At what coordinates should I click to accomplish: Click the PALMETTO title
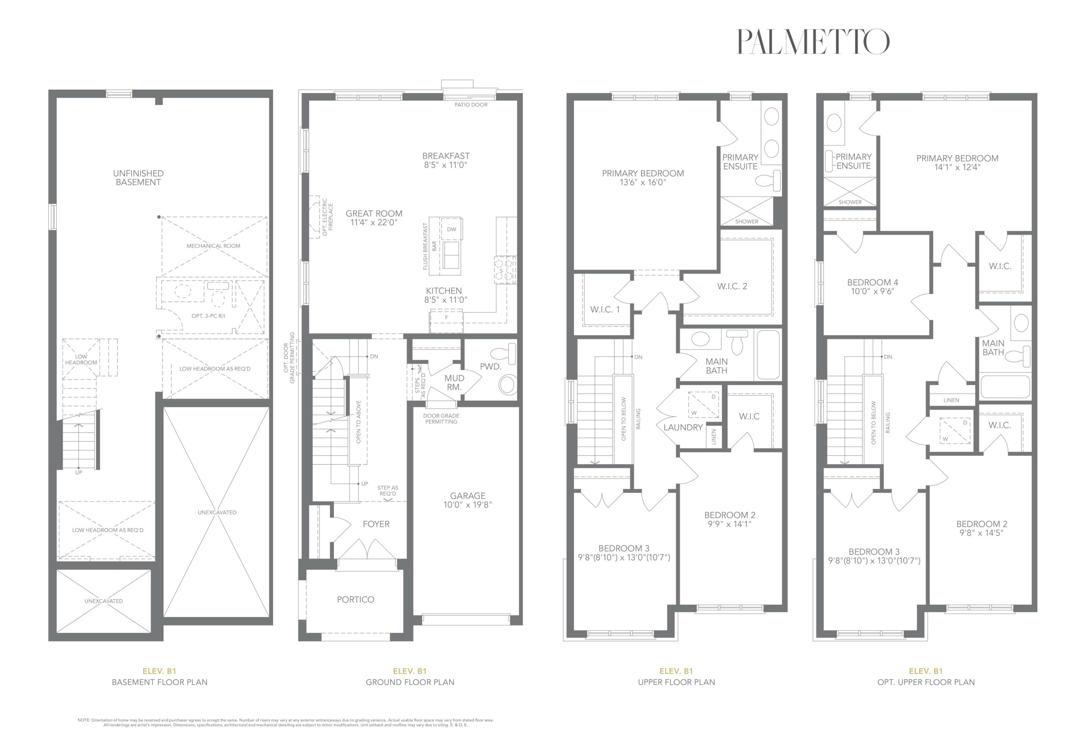813,42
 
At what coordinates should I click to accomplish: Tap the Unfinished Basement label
138,178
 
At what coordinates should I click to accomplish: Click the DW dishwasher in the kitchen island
451,229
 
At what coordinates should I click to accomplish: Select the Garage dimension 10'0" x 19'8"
468,504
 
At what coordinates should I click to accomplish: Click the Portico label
355,600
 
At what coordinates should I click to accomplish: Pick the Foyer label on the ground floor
376,524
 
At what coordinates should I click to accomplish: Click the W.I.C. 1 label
605,310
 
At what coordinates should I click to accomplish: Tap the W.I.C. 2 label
732,286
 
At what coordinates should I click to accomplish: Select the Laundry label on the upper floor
683,427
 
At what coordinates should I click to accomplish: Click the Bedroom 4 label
872,282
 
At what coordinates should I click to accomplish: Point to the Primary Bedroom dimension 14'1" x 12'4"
957,167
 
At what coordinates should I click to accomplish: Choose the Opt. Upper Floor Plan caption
926,682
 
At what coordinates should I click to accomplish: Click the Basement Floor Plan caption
160,682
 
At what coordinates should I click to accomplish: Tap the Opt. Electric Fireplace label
328,216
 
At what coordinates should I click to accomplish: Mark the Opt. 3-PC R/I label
208,316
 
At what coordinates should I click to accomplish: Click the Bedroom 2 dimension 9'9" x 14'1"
730,524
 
